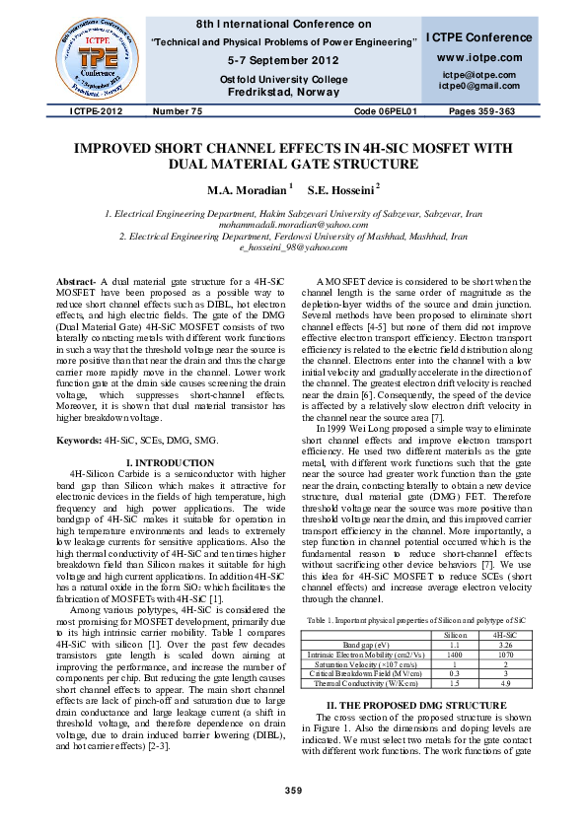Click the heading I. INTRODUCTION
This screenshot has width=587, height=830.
(x=171, y=462)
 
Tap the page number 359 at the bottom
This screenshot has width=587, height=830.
(x=293, y=792)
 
